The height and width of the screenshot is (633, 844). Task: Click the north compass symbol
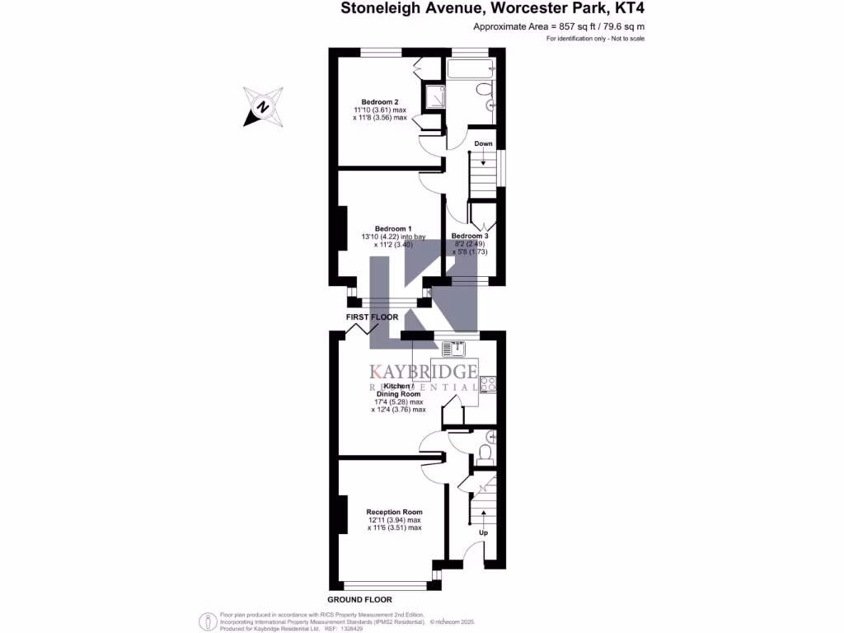264,107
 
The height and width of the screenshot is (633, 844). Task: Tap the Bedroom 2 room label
379,101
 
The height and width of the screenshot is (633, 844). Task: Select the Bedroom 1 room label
393,228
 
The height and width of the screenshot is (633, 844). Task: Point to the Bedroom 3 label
470,236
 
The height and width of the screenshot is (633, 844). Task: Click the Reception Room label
394,512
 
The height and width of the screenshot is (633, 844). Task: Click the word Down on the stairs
483,143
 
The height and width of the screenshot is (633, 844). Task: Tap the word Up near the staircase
484,532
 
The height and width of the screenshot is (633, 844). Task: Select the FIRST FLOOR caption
372,317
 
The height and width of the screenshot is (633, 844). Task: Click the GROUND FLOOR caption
359,599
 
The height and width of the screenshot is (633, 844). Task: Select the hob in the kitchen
486,382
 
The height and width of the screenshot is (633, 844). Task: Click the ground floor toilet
485,452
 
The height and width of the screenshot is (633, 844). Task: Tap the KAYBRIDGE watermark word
424,371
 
